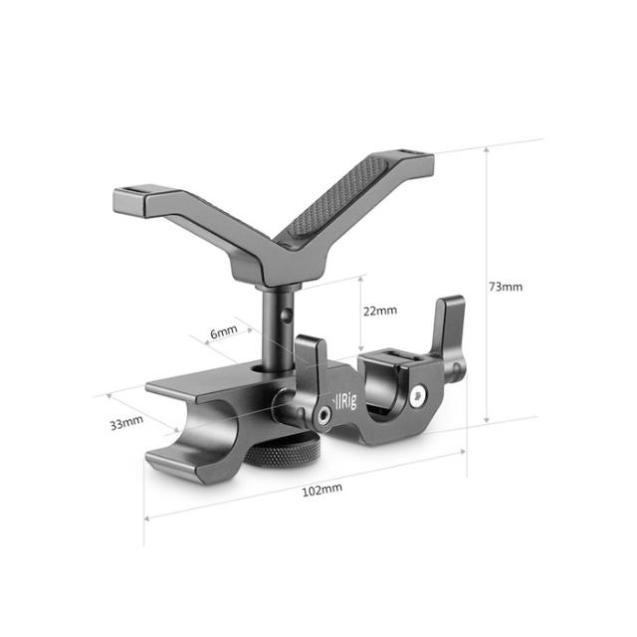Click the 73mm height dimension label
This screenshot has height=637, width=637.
pos(506,287)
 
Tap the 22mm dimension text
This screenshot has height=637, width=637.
pos(379,311)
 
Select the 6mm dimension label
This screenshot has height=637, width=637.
pos(223,329)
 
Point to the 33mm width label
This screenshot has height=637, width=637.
pos(126,422)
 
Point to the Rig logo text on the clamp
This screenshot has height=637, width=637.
pos(341,405)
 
